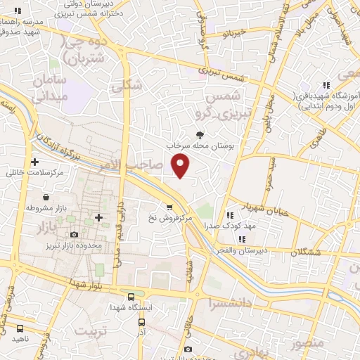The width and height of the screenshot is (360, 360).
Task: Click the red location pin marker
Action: pos(181,165)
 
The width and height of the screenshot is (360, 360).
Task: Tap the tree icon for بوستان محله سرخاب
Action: pos(201,134)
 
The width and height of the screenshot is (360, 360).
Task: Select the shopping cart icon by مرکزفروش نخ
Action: pos(169,207)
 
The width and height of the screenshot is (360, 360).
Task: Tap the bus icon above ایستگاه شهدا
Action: pos(131,296)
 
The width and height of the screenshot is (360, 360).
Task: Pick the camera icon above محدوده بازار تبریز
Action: pos(74,234)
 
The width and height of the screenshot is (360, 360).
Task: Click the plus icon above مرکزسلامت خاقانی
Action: pos(34,162)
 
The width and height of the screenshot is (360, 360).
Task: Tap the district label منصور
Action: pos(306,345)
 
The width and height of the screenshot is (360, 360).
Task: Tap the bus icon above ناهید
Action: pos(20,327)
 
